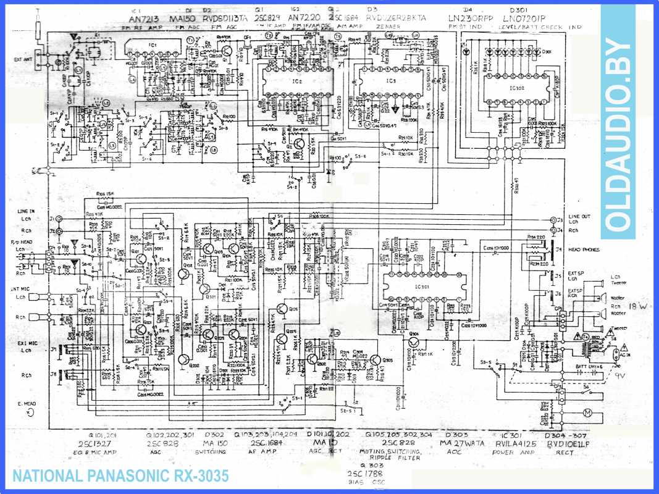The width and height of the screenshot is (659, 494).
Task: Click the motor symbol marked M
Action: pos(589,412)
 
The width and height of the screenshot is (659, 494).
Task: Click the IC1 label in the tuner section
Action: pos(153,47)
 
